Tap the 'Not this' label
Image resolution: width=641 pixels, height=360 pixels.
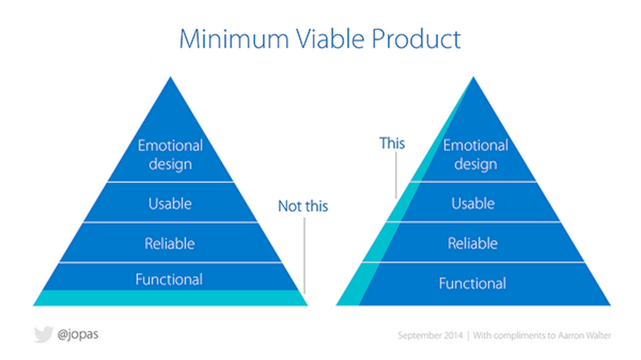coord(303,206)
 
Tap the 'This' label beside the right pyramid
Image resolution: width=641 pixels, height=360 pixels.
coord(392,143)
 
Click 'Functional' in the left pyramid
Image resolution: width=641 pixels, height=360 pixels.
coord(169,279)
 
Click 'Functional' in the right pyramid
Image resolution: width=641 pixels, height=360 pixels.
coord(472,283)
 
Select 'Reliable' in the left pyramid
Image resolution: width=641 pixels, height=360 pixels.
coord(169,244)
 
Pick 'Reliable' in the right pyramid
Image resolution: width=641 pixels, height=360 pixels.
coord(472,244)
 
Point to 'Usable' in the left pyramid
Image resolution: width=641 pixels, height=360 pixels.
coord(170,204)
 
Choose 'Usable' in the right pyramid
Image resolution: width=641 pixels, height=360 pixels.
coord(473,204)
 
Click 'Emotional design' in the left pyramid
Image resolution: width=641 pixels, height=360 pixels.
coord(170,154)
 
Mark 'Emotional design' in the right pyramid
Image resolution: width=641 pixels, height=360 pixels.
coord(475,154)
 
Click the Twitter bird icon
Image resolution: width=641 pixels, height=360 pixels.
coord(43,335)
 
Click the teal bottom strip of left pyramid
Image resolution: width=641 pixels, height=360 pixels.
coord(170,298)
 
